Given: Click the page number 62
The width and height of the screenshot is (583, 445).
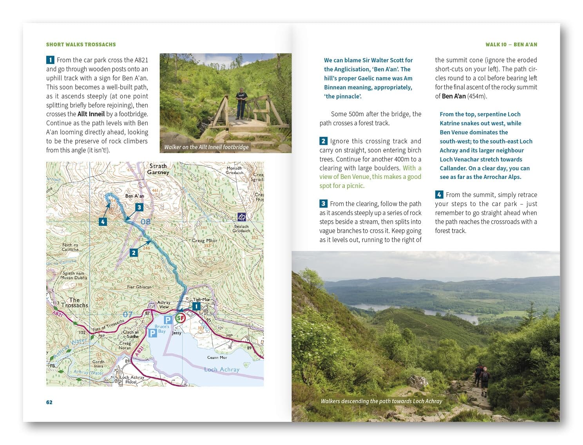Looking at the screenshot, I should tap(49, 402).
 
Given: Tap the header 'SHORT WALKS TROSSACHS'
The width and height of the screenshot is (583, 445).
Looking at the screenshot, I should tap(81, 44).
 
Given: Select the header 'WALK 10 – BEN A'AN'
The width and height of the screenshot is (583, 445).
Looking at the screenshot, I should tap(511, 44).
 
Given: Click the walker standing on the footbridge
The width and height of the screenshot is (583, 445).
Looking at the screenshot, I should tap(240, 103).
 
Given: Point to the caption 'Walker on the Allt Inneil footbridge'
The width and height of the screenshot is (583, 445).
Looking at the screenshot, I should tap(206, 147).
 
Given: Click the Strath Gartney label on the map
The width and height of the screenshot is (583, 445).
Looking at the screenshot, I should tap(158, 169).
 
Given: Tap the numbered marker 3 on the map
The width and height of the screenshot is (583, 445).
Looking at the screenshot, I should tap(139, 207).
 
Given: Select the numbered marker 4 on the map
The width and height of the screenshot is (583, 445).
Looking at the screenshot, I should tap(103, 222).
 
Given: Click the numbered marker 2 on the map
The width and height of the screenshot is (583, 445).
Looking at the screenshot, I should tap(134, 252).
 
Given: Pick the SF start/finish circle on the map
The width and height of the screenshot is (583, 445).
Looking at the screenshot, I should tap(180, 318).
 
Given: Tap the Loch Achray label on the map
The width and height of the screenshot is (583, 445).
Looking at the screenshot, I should tap(221, 369).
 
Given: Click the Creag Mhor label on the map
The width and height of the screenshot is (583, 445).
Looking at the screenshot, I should tap(205, 241).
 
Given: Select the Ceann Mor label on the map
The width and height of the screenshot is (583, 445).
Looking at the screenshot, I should tap(217, 357).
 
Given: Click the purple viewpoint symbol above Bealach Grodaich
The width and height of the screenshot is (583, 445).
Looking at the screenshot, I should tap(242, 217).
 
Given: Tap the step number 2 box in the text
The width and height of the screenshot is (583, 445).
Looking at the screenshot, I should tap(323, 141).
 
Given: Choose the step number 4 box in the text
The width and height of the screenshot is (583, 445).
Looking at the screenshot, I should tap(439, 195).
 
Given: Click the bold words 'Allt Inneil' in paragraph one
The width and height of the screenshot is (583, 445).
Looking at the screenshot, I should tap(91, 114).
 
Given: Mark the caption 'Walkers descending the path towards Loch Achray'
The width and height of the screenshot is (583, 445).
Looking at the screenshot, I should tap(381, 401).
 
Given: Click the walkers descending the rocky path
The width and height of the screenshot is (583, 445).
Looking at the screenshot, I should tap(482, 379).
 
